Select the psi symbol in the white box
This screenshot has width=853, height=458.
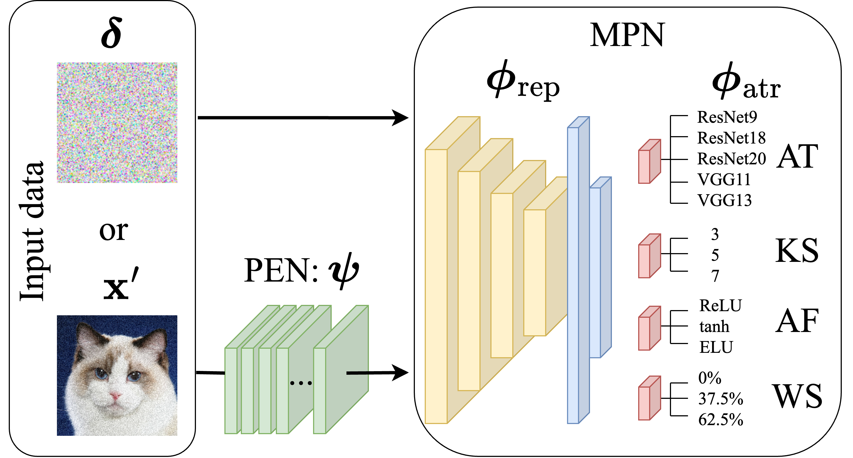pos(343,270)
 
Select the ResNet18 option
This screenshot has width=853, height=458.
pos(731,138)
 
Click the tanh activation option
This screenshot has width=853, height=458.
pos(714,327)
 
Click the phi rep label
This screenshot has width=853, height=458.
pos(522,81)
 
